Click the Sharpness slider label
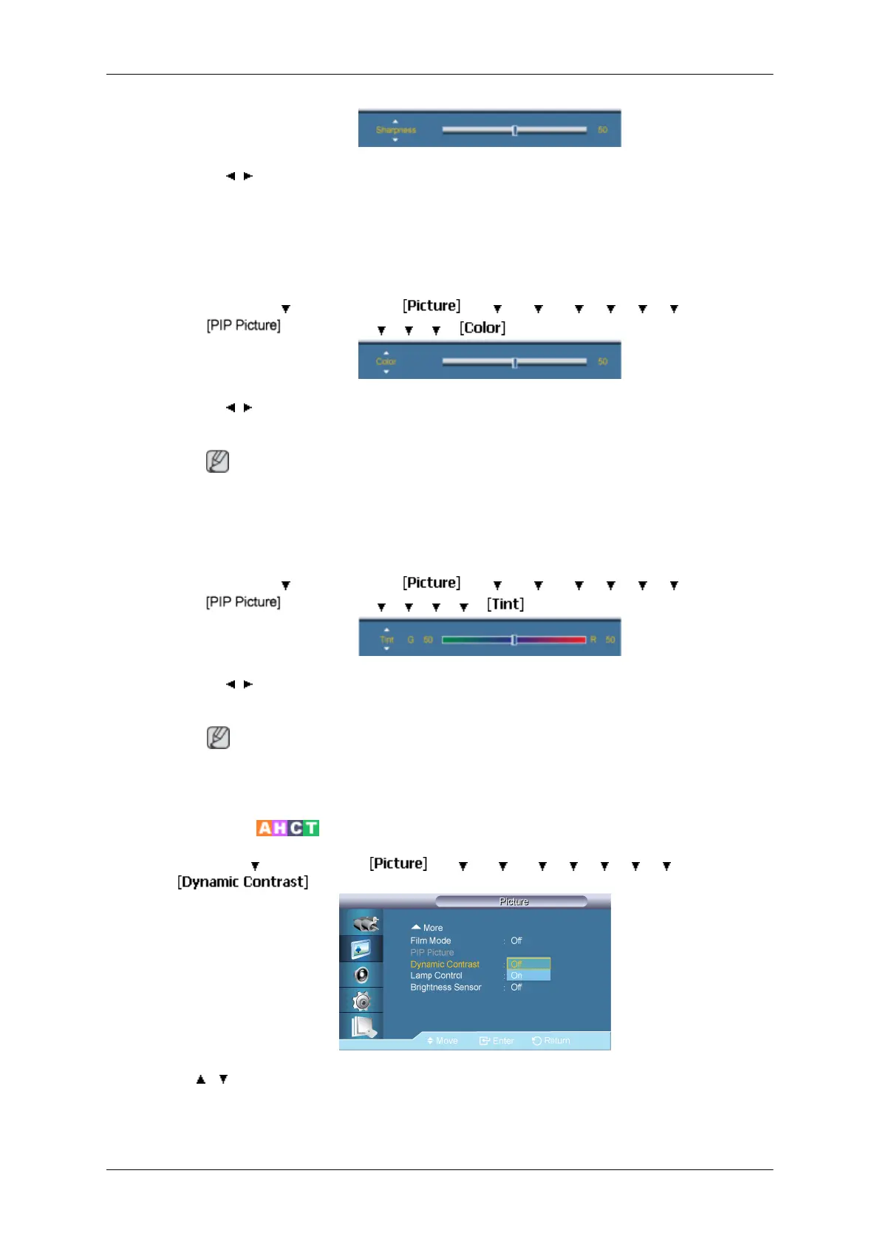click(396, 130)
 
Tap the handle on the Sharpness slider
click(514, 130)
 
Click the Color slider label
click(386, 362)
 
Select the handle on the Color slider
click(514, 362)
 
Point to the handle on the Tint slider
click(514, 640)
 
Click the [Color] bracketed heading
click(482, 328)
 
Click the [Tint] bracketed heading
click(505, 604)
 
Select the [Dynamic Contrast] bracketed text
click(243, 882)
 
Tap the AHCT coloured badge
click(287, 828)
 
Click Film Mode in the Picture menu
click(431, 941)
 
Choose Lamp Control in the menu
click(437, 976)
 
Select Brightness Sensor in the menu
click(446, 988)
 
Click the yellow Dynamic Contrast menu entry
click(445, 965)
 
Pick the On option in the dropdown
click(517, 976)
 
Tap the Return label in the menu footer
click(556, 1041)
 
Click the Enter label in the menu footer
click(502, 1041)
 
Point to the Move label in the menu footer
click(446, 1041)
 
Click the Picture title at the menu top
click(514, 902)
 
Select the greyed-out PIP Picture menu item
click(432, 953)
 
